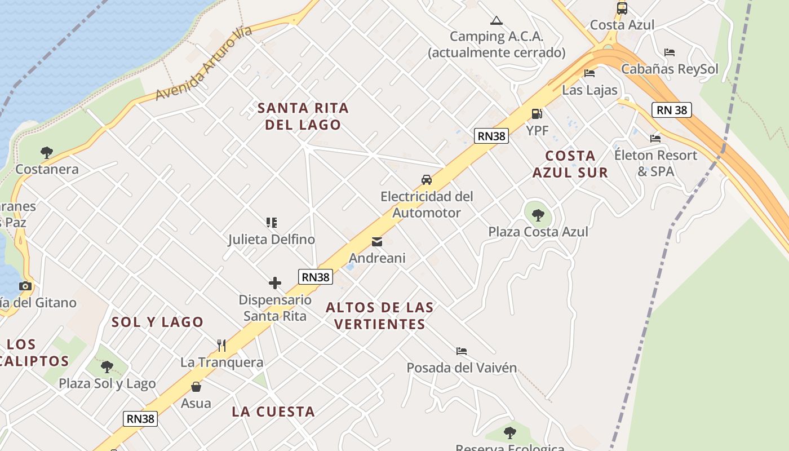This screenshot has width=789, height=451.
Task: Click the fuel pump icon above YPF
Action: click(537, 114)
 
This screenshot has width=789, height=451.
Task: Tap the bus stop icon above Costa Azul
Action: click(622, 8)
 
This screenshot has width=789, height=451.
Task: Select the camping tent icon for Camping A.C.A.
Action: click(496, 21)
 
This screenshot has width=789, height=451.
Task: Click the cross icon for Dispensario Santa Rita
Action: click(275, 283)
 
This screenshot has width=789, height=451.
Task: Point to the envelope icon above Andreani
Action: click(377, 242)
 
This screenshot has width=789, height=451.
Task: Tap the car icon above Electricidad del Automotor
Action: click(427, 180)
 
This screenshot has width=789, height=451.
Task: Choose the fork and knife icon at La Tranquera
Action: click(221, 345)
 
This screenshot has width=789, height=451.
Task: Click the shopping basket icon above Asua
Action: click(196, 387)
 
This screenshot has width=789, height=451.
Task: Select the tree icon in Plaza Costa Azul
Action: click(538, 215)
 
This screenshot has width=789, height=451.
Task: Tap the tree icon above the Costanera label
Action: click(47, 152)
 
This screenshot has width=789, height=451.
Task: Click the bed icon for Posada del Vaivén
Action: click(462, 351)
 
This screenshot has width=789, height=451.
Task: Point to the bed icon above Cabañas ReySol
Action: click(670, 52)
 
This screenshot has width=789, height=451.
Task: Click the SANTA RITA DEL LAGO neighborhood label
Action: click(303, 116)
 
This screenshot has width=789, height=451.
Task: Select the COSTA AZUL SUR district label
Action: click(570, 164)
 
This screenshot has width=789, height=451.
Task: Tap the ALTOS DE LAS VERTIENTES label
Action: click(379, 316)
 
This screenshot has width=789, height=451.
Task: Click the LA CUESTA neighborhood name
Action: click(273, 412)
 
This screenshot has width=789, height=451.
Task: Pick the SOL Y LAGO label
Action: click(157, 322)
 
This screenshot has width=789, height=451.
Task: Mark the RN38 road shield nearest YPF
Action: click(491, 136)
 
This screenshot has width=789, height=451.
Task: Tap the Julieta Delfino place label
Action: click(272, 240)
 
